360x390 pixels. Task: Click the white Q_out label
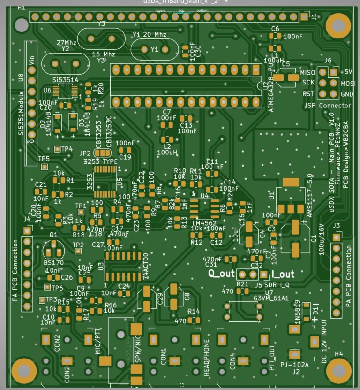[x=221, y=274]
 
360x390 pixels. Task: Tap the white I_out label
[x=283, y=274]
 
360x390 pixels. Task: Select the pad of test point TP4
[x=57, y=149]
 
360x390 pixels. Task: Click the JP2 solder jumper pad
[x=101, y=153]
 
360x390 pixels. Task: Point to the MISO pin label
[x=307, y=73]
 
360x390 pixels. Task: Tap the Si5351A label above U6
[x=66, y=80]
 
